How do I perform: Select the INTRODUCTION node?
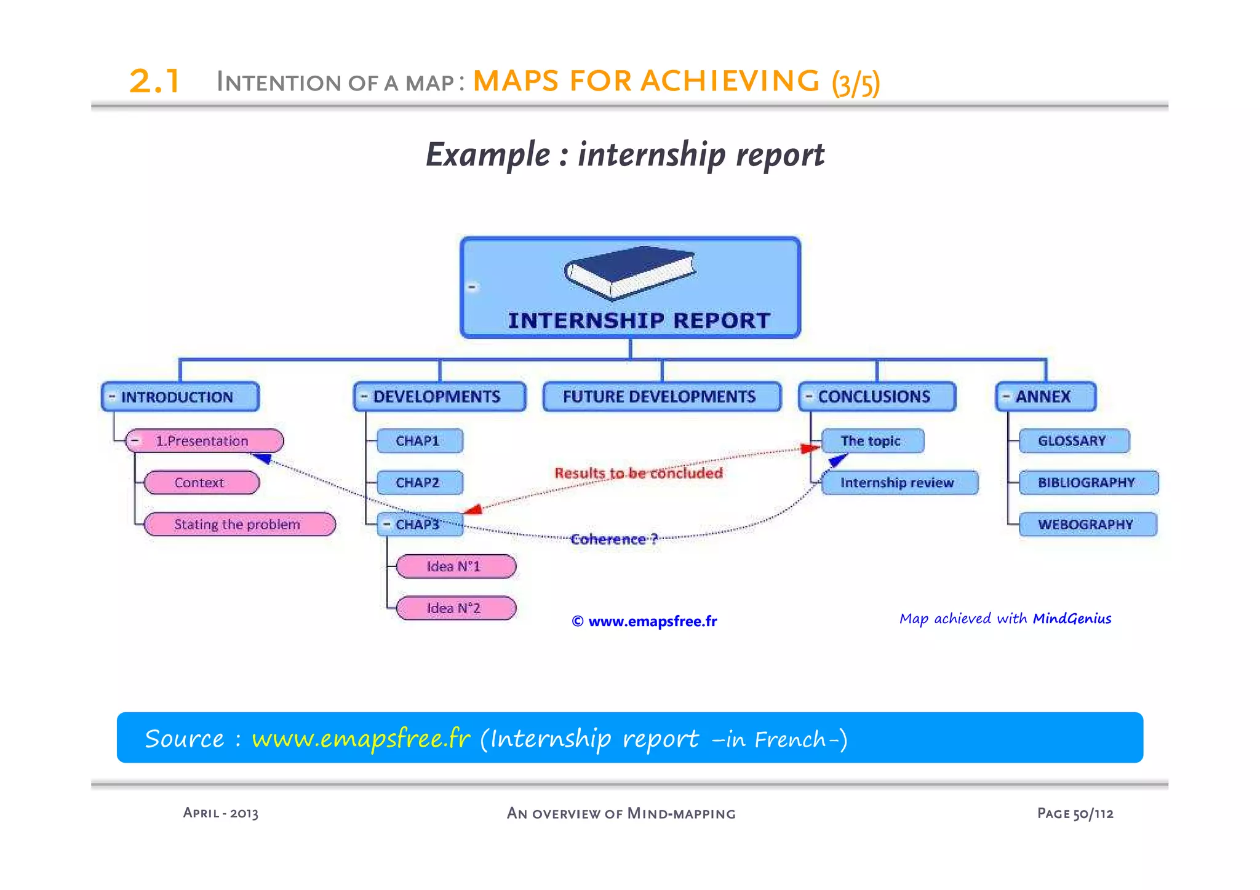180,397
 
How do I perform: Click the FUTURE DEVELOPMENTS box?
661,397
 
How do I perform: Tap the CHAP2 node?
419,483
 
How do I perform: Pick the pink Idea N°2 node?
455,608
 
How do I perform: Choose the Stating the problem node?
239,525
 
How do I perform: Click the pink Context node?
201,483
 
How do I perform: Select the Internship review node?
899,483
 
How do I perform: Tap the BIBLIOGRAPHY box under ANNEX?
1088,483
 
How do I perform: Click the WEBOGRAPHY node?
1087,525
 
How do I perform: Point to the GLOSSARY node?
1073,441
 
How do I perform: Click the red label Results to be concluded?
639,473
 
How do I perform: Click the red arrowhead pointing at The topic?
810,448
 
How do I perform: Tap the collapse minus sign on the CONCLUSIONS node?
809,397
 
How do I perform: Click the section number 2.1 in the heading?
154,81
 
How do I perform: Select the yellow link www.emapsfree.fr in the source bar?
361,738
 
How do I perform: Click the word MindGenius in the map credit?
1072,618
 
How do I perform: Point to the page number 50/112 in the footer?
1093,814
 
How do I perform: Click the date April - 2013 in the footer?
220,813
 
